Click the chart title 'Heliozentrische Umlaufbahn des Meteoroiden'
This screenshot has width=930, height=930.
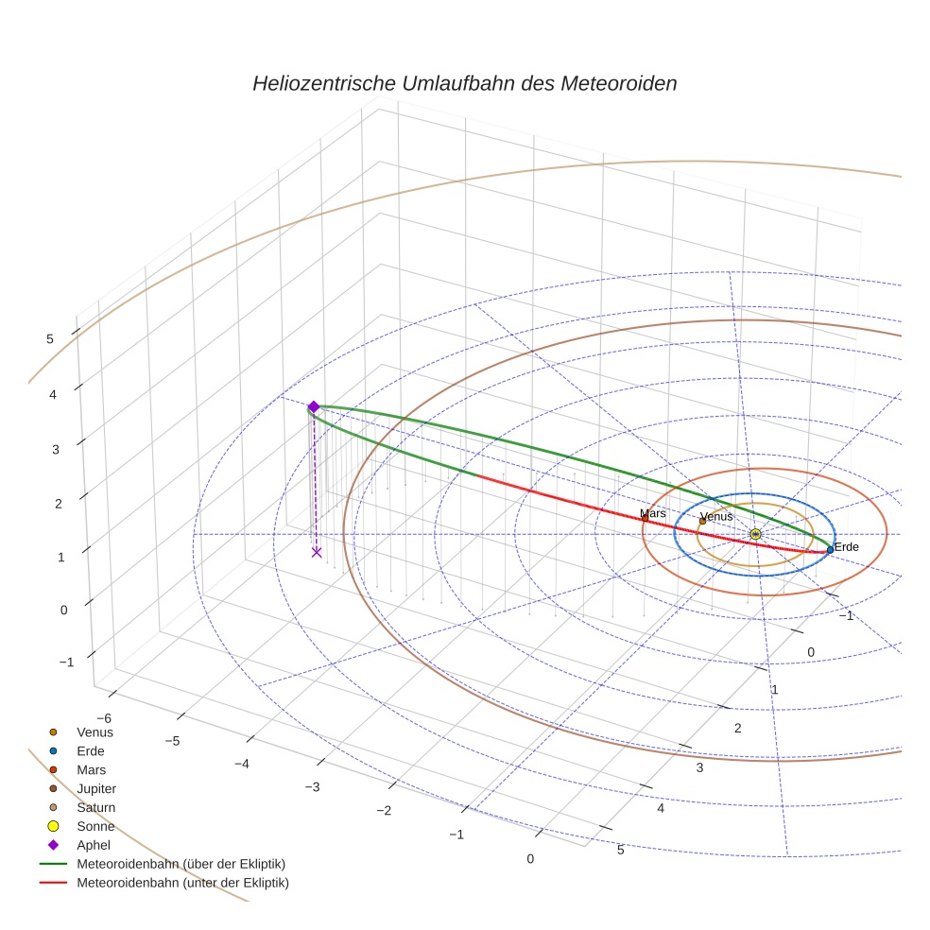(x=464, y=83)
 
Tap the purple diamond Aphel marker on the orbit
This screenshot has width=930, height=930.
(x=313, y=406)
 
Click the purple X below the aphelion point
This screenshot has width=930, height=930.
(x=316, y=552)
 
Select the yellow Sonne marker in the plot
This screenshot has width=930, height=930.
(x=754, y=534)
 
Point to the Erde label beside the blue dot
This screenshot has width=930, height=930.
(x=846, y=547)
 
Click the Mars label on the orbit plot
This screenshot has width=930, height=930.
(x=652, y=513)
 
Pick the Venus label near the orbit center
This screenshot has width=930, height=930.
(x=716, y=517)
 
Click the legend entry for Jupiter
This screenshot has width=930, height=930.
(x=96, y=788)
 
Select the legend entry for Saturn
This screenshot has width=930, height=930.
(x=95, y=807)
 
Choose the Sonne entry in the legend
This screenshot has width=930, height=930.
(x=95, y=826)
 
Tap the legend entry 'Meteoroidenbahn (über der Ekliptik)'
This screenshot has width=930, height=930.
(x=181, y=864)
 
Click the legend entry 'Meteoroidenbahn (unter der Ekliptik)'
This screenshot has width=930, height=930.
(x=182, y=883)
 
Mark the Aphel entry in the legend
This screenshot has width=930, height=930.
(x=94, y=845)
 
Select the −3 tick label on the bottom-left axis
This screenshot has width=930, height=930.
(x=311, y=786)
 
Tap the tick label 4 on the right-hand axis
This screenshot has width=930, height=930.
(x=661, y=808)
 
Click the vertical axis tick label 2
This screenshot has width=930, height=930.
(x=58, y=503)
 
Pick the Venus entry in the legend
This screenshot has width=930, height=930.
(x=95, y=732)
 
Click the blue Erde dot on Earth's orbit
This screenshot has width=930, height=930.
(x=830, y=549)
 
